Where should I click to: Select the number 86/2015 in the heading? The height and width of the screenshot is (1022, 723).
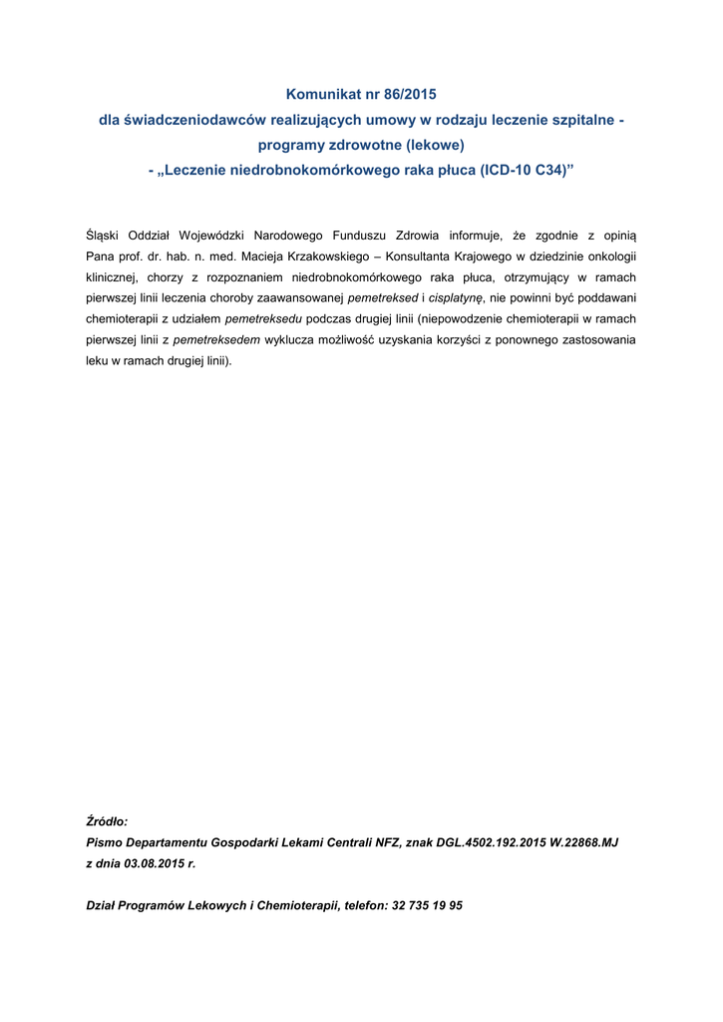pos(403,95)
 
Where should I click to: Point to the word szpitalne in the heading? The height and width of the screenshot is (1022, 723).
pos(579,120)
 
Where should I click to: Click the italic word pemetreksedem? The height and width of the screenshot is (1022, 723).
pos(216,339)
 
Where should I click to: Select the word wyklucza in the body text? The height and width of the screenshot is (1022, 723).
pos(291,339)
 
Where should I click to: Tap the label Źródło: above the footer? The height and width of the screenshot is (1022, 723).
pos(107,822)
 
